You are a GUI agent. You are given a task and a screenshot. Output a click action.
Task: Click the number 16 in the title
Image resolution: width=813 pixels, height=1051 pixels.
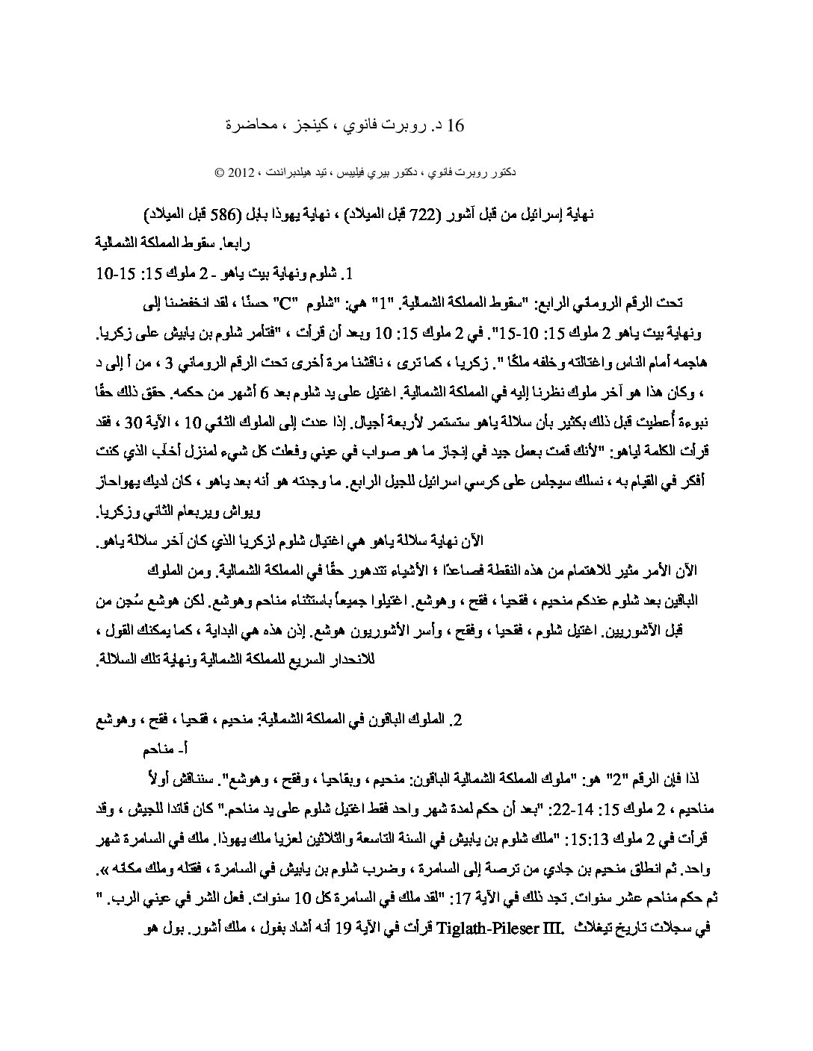coord(455,125)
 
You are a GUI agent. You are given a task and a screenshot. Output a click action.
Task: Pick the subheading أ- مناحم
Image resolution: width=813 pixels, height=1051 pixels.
coord(162,749)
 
